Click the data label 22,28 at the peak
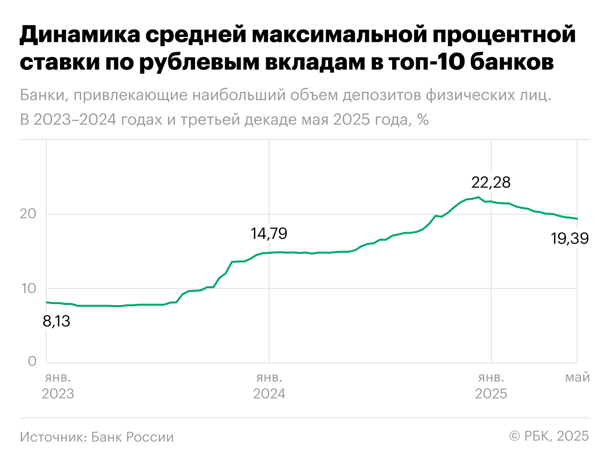(x=490, y=183)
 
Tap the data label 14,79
(x=269, y=234)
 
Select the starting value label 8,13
(x=57, y=322)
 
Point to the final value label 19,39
(x=569, y=239)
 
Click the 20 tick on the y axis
(x=30, y=214)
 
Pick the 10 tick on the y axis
(x=30, y=288)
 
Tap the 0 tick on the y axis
(x=32, y=362)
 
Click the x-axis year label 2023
(x=58, y=394)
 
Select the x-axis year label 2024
(x=269, y=394)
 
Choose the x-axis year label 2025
(x=491, y=394)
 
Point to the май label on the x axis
(x=577, y=378)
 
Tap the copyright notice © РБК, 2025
(x=549, y=436)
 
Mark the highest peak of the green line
(x=478, y=197)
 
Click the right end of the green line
(x=577, y=219)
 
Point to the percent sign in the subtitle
(x=423, y=119)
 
